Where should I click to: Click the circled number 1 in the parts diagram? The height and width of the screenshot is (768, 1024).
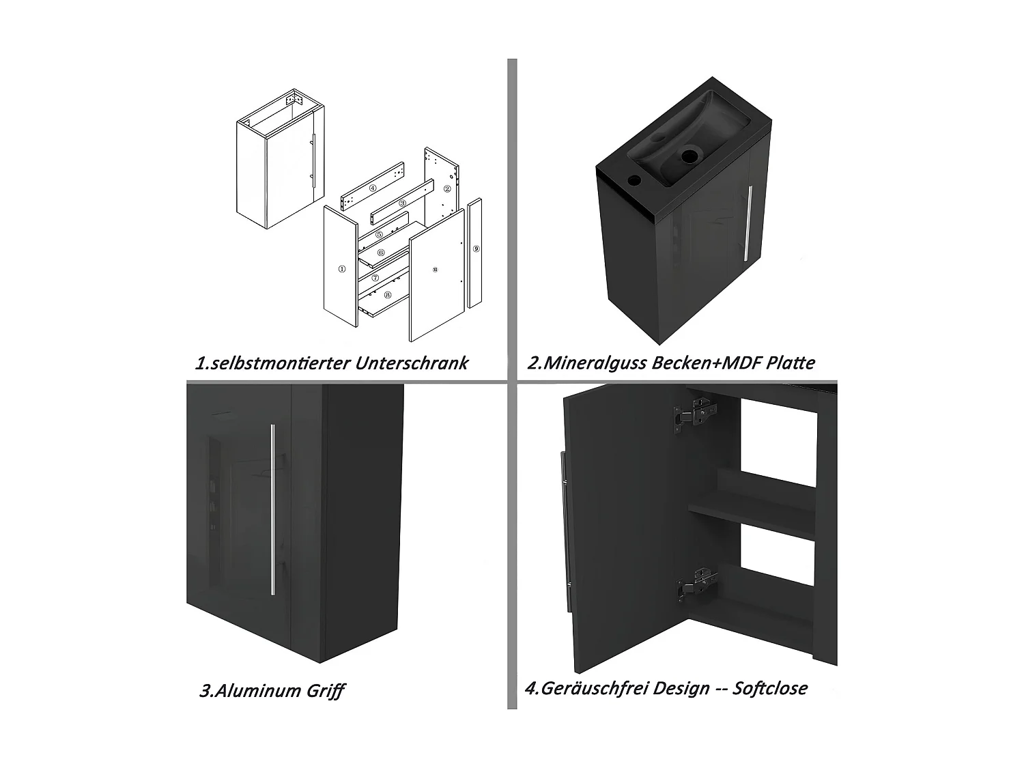pyautogui.click(x=340, y=269)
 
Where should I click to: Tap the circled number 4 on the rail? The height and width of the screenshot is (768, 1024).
pyautogui.click(x=373, y=188)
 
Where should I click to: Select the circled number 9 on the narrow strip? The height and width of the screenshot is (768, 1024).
pyautogui.click(x=476, y=250)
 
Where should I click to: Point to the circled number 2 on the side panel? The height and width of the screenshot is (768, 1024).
pyautogui.click(x=447, y=188)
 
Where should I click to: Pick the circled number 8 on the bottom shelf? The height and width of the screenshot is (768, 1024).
pyautogui.click(x=387, y=295)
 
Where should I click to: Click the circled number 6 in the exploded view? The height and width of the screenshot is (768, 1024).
pyautogui.click(x=381, y=253)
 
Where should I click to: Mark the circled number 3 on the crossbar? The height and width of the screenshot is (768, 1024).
pyautogui.click(x=402, y=203)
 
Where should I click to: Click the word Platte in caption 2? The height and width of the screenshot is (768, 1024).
pyautogui.click(x=790, y=362)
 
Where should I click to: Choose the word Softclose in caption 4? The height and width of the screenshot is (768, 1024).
pyautogui.click(x=769, y=688)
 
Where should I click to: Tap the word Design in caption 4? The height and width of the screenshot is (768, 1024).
pyautogui.click(x=681, y=688)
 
